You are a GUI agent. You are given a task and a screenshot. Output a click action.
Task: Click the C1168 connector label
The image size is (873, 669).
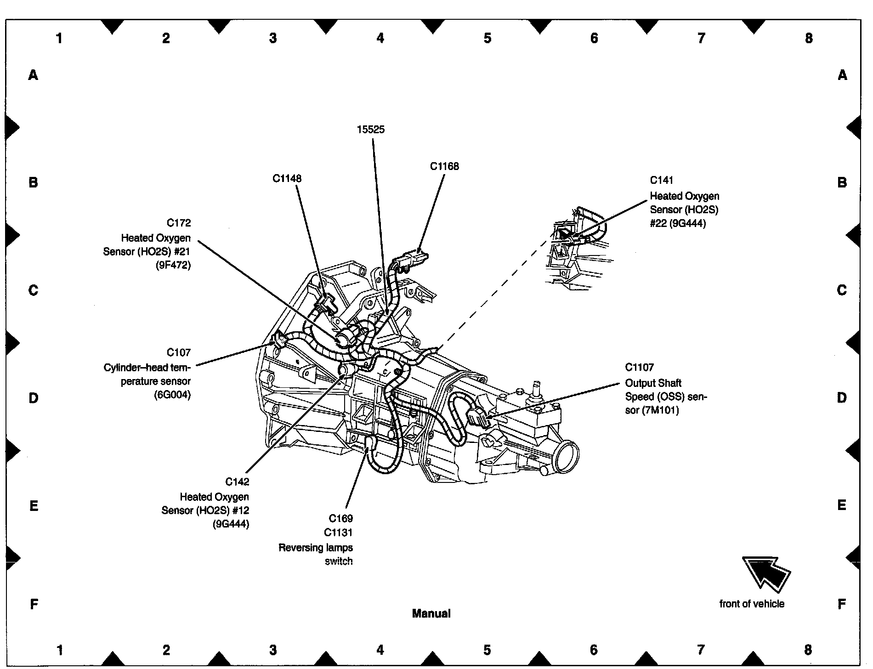pyautogui.click(x=444, y=166)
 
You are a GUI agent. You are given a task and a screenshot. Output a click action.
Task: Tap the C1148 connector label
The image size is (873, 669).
pyautogui.click(x=287, y=178)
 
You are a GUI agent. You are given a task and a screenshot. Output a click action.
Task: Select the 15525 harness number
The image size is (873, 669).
pyautogui.click(x=370, y=130)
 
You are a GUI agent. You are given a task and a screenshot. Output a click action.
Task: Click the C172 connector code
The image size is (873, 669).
pyautogui.click(x=178, y=223)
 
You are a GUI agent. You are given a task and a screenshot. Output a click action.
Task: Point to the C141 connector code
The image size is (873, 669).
pyautogui.click(x=661, y=180)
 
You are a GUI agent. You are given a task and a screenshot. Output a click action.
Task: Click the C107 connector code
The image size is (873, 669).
pyautogui.click(x=178, y=352)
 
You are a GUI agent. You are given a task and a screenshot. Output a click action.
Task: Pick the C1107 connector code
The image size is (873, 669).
pyautogui.click(x=639, y=367)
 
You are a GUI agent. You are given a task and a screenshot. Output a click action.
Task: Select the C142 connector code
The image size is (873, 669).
pyautogui.click(x=237, y=482)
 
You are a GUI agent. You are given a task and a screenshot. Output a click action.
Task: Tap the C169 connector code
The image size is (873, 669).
pyautogui.click(x=340, y=518)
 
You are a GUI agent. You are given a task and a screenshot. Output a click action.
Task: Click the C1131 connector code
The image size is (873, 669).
pyautogui.click(x=338, y=533)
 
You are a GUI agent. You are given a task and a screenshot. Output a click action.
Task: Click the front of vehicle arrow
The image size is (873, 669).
pyautogui.click(x=765, y=573)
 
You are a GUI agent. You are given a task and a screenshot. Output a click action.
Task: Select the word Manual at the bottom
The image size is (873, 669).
pyautogui.click(x=431, y=613)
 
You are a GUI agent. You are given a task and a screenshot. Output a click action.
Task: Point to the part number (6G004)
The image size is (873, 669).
pyautogui.click(x=172, y=395)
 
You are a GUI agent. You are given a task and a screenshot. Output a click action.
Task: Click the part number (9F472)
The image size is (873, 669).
pyautogui.click(x=173, y=265)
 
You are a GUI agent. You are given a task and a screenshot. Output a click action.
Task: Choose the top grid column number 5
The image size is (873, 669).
pyautogui.click(x=487, y=38)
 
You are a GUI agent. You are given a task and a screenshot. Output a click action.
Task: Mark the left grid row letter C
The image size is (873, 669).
pyautogui.click(x=33, y=290)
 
